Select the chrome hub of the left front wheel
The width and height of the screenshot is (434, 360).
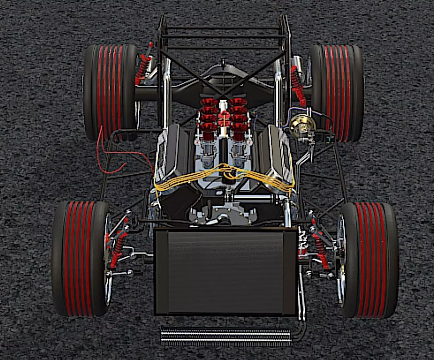108,259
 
